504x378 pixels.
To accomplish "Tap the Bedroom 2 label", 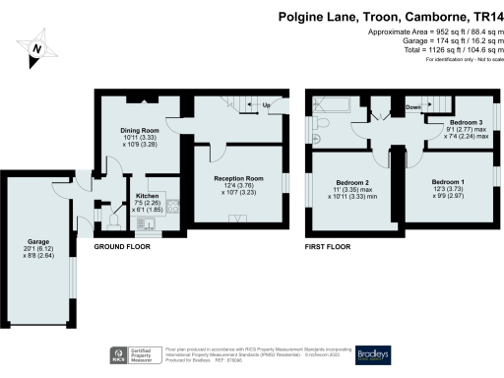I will (x=351, y=184).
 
